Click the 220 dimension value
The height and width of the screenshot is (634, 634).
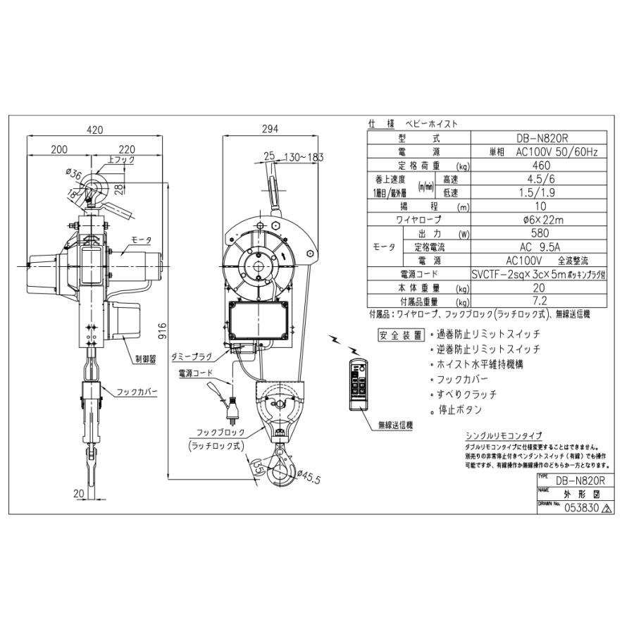(128, 149)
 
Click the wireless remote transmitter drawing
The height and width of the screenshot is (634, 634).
(359, 383)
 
